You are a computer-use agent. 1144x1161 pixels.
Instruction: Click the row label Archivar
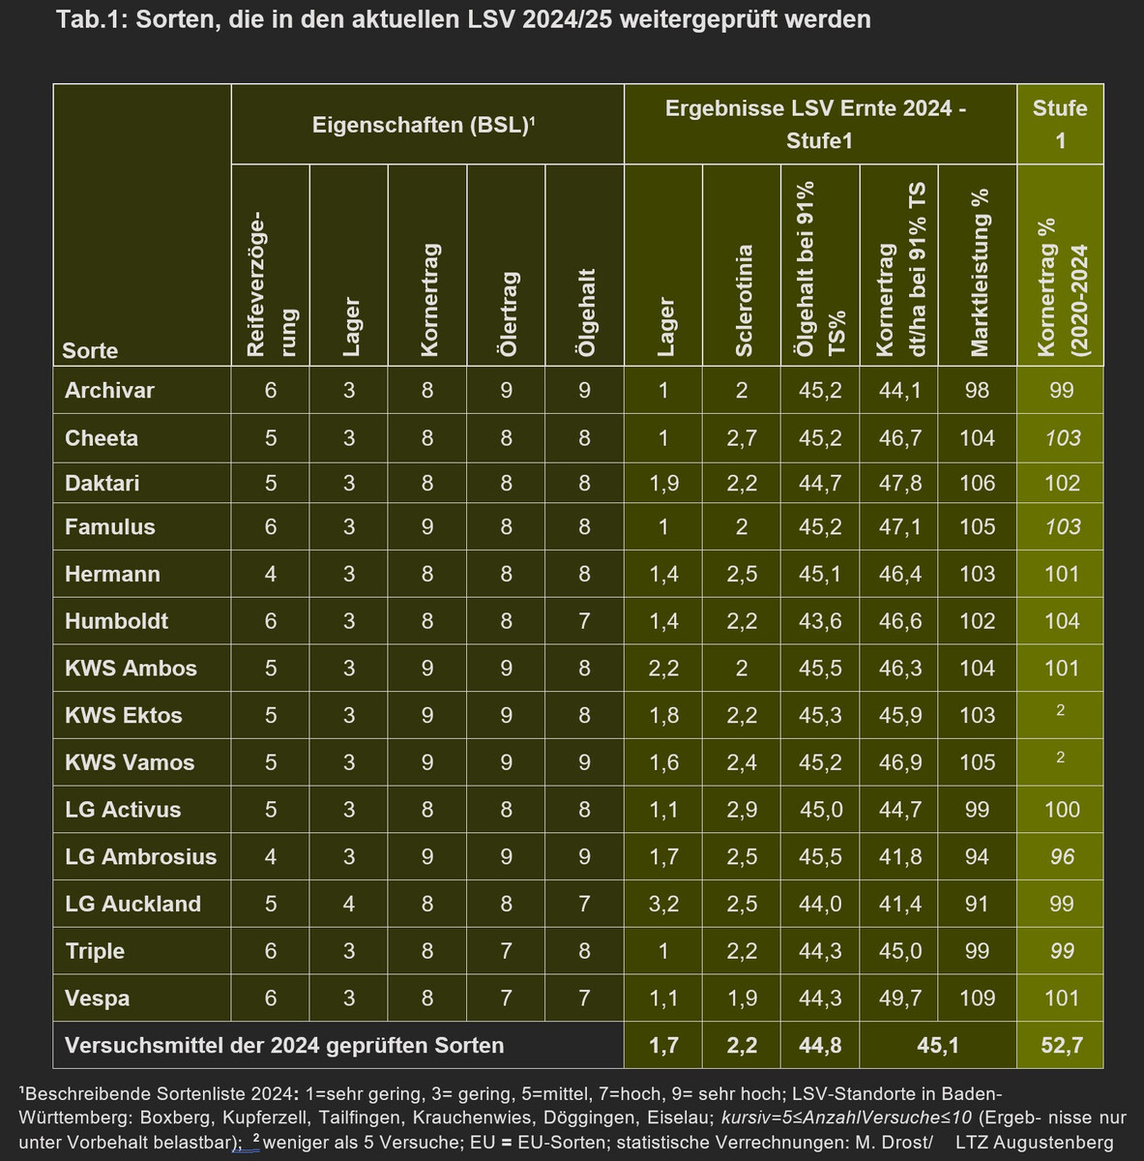109,391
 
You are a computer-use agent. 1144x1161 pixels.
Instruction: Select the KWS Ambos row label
131,669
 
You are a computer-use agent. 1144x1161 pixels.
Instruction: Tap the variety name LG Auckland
132,905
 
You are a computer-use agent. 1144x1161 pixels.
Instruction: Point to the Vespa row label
97,998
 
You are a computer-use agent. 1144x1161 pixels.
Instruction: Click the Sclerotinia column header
743,301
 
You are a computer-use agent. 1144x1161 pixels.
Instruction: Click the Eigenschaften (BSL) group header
424,125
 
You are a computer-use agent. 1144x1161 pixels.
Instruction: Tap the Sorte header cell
90,350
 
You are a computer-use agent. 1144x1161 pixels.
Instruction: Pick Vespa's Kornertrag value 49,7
899,998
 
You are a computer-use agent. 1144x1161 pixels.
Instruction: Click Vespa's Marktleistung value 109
978,998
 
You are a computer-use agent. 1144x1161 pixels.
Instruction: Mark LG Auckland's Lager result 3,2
663,905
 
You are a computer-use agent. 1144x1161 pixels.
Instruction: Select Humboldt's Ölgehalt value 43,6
820,621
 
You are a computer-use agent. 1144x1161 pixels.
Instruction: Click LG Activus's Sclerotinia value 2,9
742,810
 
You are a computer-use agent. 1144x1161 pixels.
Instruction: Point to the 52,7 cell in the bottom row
1061,1046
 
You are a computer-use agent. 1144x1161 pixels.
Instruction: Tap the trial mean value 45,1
937,1046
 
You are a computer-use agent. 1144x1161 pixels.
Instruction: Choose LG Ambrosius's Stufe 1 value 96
1062,857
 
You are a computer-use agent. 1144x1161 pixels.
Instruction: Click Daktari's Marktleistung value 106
978,483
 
